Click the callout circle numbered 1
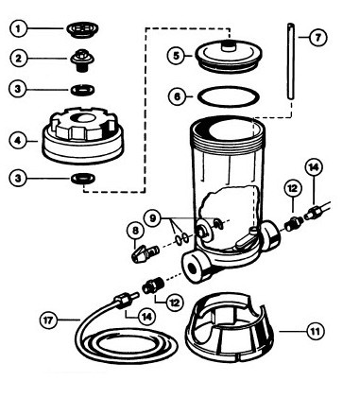[x=18, y=29]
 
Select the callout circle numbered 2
[x=19, y=58]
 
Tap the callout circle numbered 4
[x=19, y=141]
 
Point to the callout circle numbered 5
[x=177, y=56]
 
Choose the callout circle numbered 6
[x=178, y=96]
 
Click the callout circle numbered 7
[x=317, y=38]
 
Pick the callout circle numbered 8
[x=135, y=231]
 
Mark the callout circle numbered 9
[x=152, y=218]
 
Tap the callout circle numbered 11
[x=316, y=331]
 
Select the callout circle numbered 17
[x=49, y=320]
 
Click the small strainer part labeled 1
[x=82, y=29]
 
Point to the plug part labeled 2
[x=82, y=60]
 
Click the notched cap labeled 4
[x=83, y=135]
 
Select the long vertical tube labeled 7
[x=291, y=61]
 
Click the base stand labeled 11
[x=230, y=329]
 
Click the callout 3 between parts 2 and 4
[x=18, y=89]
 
